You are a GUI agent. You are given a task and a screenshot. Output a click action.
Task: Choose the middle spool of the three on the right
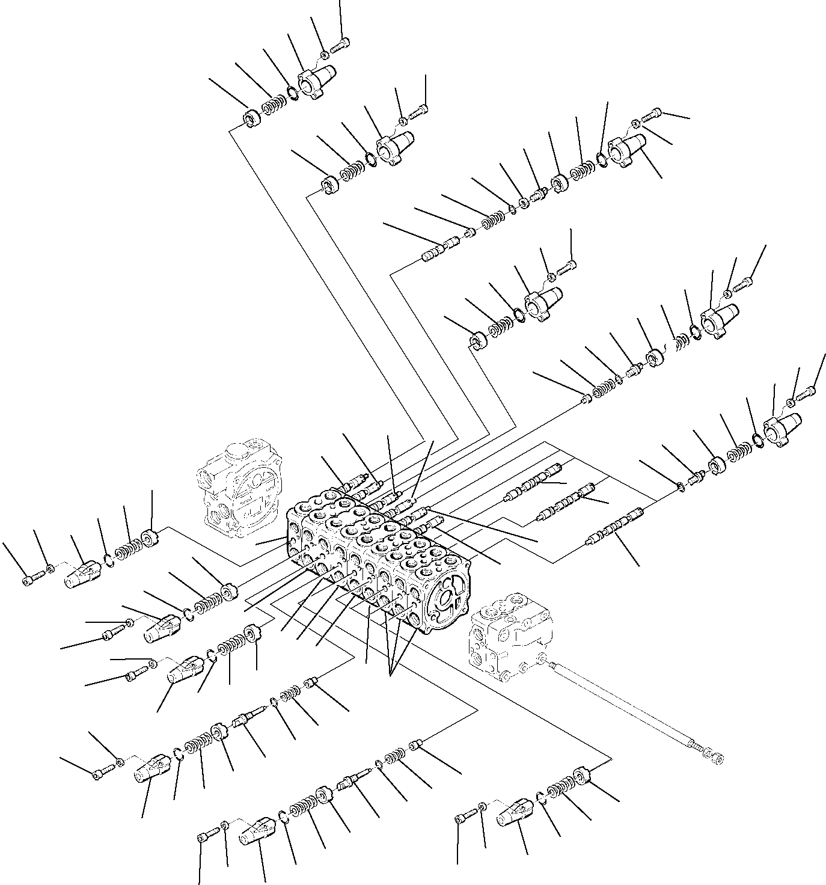coord(566,501)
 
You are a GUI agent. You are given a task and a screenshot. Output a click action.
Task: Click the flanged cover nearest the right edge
coord(779,427)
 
